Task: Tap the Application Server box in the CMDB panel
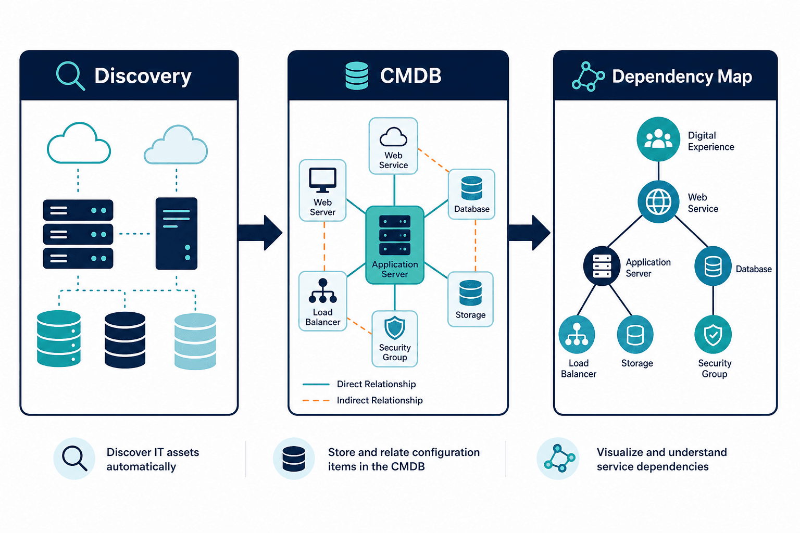pyautogui.click(x=395, y=245)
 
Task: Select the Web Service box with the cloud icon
pyautogui.click(x=393, y=146)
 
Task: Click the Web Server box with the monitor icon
pyautogui.click(x=322, y=191)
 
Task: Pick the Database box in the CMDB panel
pyautogui.click(x=471, y=194)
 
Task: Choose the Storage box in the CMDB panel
pyautogui.click(x=470, y=299)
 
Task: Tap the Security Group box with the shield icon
pyautogui.click(x=395, y=339)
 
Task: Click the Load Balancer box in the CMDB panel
pyautogui.click(x=322, y=301)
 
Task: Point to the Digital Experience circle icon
pyautogui.click(x=658, y=139)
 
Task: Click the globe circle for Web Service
pyautogui.click(x=658, y=202)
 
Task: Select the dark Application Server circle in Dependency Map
pyautogui.click(x=602, y=266)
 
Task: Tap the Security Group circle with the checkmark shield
pyautogui.click(x=713, y=335)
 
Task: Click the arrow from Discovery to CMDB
pyautogui.click(x=260, y=233)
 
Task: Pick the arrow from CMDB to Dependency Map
pyautogui.click(x=529, y=233)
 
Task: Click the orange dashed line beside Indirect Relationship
pyautogui.click(x=316, y=401)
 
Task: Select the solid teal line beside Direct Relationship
pyautogui.click(x=316, y=385)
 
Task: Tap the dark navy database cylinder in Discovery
pyautogui.click(x=125, y=340)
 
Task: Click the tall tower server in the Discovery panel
pyautogui.click(x=177, y=234)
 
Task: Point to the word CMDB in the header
pyautogui.click(x=411, y=75)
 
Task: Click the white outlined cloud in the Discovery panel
pyautogui.click(x=79, y=143)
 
